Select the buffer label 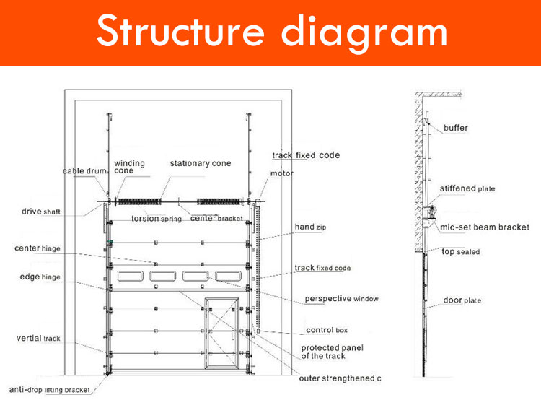click(456, 128)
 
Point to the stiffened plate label click(467, 188)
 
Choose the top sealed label click(460, 252)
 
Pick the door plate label click(462, 300)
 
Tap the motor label click(281, 173)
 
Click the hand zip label click(310, 227)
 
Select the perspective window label click(341, 298)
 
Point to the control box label click(327, 330)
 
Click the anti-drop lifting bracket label click(49, 390)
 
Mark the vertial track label click(39, 338)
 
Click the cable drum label click(84, 171)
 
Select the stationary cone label click(201, 163)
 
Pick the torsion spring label click(154, 218)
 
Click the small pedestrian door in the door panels click(222, 334)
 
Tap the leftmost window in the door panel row click(130, 276)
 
